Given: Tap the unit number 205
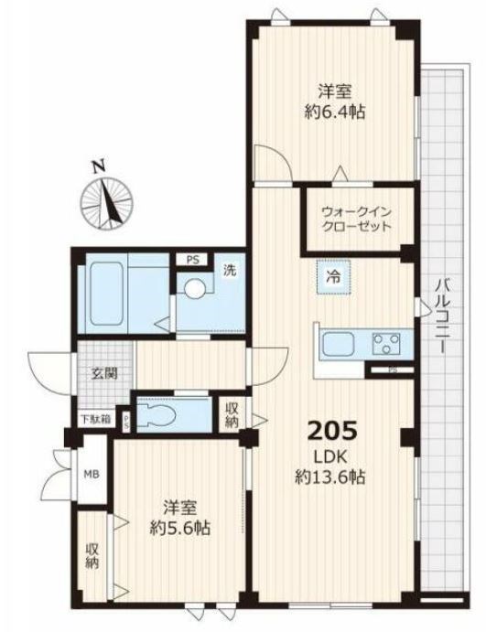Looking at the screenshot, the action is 332,431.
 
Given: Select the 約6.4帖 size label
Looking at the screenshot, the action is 335,112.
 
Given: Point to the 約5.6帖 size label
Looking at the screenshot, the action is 180,528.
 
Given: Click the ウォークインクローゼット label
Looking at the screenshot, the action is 356,219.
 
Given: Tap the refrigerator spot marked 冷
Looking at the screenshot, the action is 333,277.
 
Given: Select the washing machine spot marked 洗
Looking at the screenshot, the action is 230,270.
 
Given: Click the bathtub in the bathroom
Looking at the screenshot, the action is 106,294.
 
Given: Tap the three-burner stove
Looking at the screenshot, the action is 386,343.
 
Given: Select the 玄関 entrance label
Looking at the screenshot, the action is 104,374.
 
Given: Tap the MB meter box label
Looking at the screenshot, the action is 92,475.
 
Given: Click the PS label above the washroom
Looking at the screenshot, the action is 193,260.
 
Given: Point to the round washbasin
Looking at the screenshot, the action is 195,288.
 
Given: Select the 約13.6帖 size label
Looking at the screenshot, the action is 330,477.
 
